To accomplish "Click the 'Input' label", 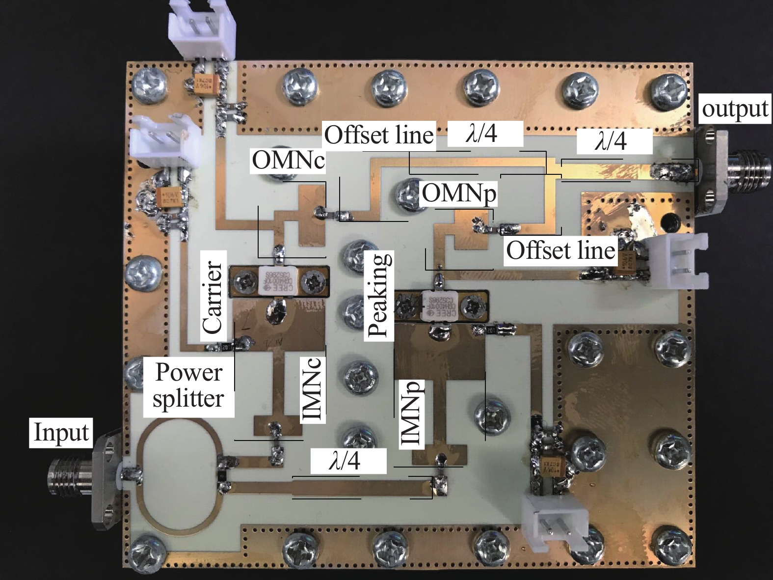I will click(61, 432).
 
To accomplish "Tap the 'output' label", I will click(734, 109).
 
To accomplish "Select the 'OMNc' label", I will click(288, 160).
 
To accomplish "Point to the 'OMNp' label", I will click(459, 193).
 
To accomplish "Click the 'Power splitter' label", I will click(188, 385).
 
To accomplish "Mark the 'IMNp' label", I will click(411, 414).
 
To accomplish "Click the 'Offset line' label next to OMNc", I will click(379, 134).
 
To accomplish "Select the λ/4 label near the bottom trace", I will click(344, 462).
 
